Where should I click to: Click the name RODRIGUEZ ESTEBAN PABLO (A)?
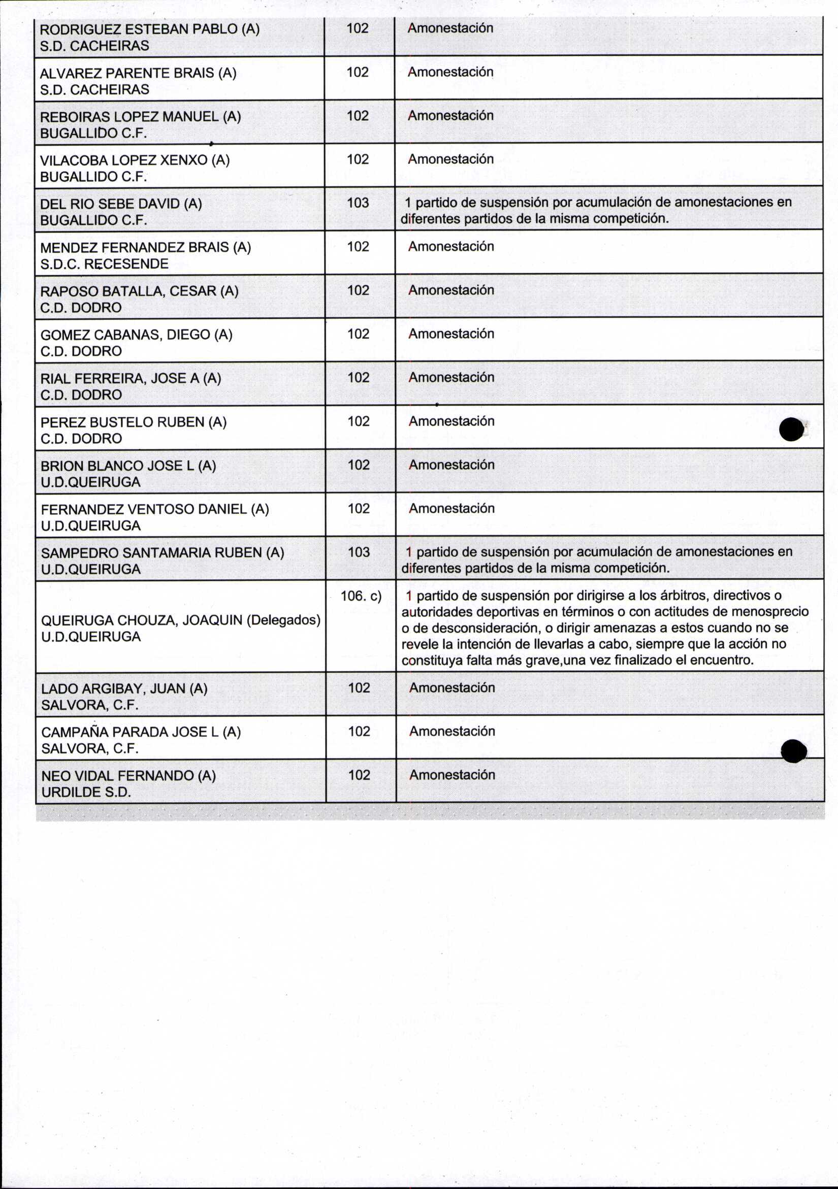click(149, 29)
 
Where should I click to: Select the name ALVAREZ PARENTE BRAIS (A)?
click(138, 73)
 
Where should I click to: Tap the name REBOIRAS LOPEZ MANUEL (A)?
click(140, 117)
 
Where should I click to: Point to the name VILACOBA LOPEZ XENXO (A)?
click(135, 160)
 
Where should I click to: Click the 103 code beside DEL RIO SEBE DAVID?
click(358, 203)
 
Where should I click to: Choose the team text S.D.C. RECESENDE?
click(104, 264)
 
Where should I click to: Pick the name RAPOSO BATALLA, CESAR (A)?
click(139, 291)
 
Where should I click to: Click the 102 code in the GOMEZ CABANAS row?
click(358, 334)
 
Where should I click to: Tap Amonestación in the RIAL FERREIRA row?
click(451, 378)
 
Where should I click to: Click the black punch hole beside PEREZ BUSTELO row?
click(791, 430)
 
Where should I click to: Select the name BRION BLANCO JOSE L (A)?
click(128, 466)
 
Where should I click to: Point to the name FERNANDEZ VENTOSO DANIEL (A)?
click(155, 509)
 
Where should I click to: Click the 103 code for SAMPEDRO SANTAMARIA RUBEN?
click(359, 552)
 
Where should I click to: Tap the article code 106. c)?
click(361, 596)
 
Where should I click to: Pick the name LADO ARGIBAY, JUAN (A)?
click(124, 689)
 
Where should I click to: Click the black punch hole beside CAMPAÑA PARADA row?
click(793, 751)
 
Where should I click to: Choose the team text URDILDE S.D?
click(86, 792)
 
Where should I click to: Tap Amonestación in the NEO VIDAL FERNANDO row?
click(452, 775)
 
